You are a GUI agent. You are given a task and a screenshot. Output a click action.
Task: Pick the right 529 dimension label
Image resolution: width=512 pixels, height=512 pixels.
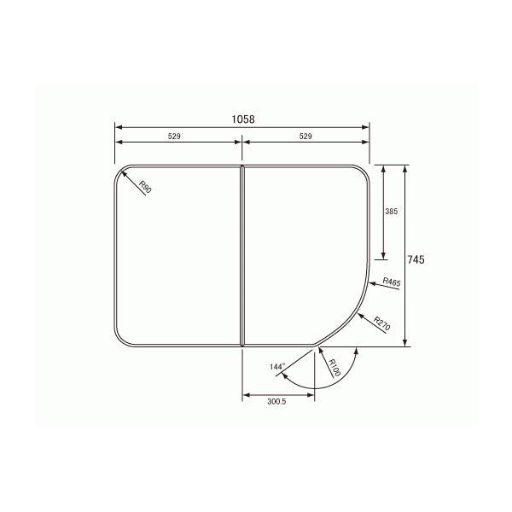[x=305, y=137]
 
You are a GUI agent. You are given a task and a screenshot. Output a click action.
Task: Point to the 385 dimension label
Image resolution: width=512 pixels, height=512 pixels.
[x=392, y=211]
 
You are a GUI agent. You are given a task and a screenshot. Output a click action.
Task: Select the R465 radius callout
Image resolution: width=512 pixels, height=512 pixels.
[x=391, y=282]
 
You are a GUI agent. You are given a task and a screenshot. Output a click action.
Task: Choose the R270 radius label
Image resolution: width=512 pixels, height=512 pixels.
[x=381, y=324]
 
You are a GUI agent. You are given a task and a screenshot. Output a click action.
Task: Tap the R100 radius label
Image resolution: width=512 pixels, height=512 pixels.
[x=334, y=369]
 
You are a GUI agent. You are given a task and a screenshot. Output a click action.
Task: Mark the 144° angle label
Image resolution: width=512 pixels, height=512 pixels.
[x=276, y=367]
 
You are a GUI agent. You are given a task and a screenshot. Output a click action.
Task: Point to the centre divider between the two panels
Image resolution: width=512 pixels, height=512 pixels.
[x=242, y=256]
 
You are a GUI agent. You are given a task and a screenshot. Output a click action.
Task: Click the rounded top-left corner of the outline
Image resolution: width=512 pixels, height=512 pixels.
[x=121, y=172]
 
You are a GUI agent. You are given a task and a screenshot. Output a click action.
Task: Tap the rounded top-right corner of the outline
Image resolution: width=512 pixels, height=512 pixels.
[x=364, y=172]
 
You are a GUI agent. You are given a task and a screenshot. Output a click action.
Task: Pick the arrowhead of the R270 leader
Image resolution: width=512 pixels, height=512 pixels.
[x=357, y=313]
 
